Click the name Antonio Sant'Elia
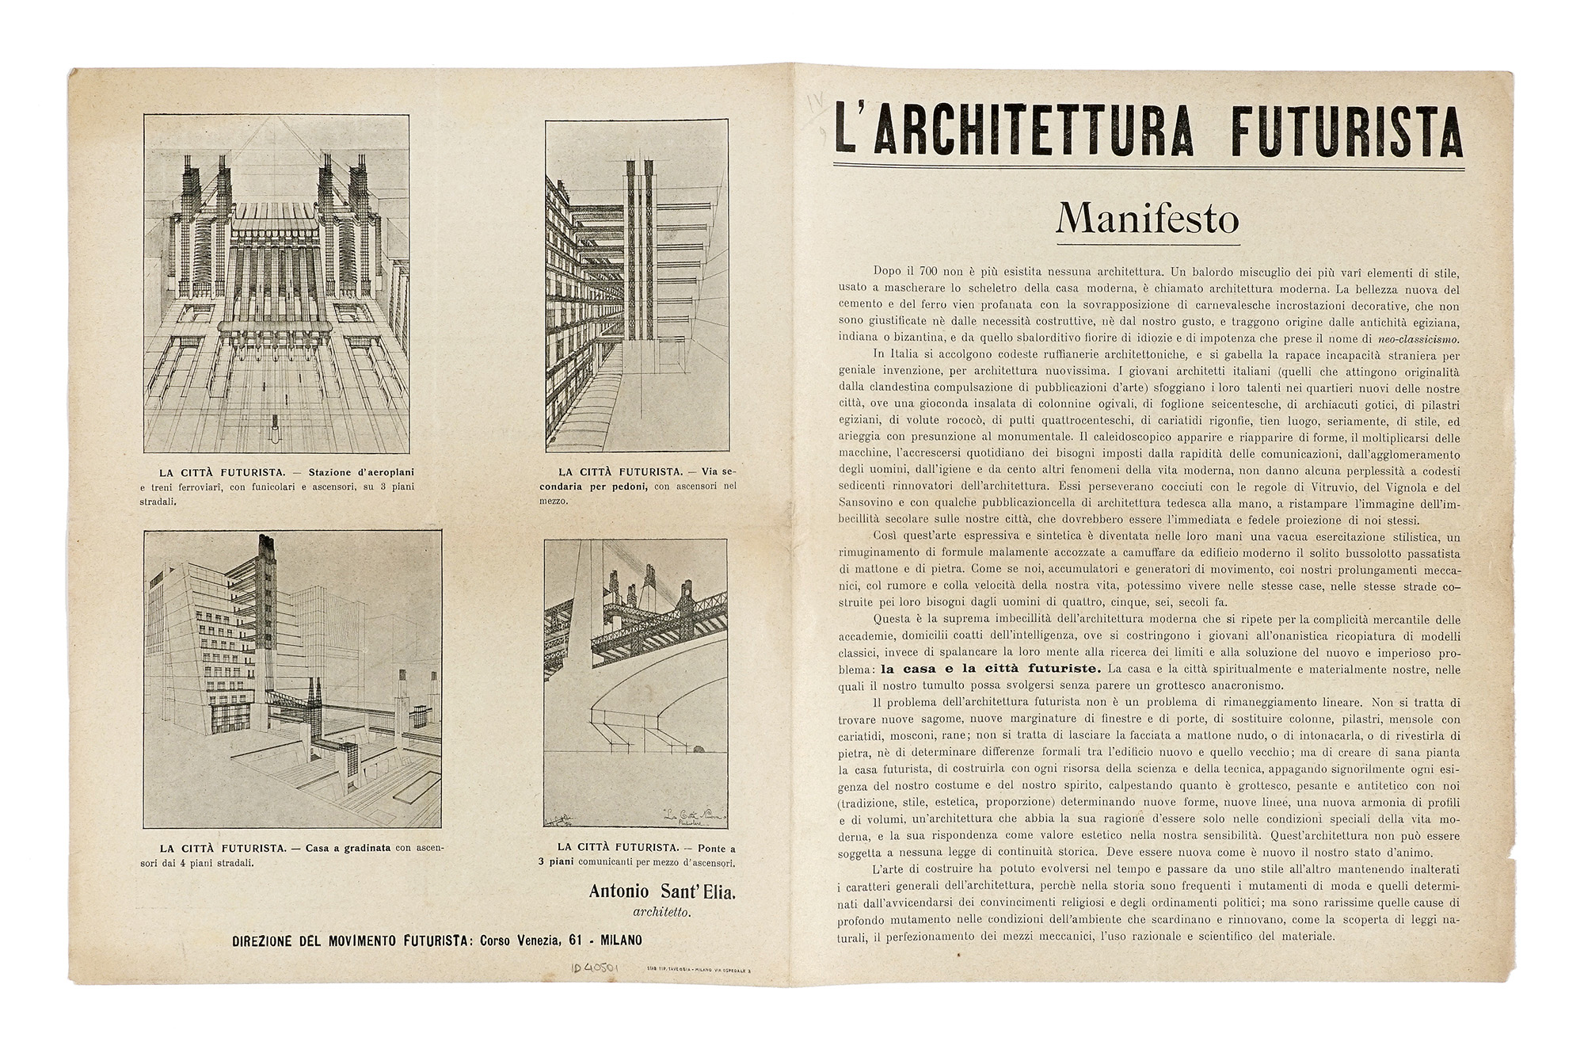[662, 891]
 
